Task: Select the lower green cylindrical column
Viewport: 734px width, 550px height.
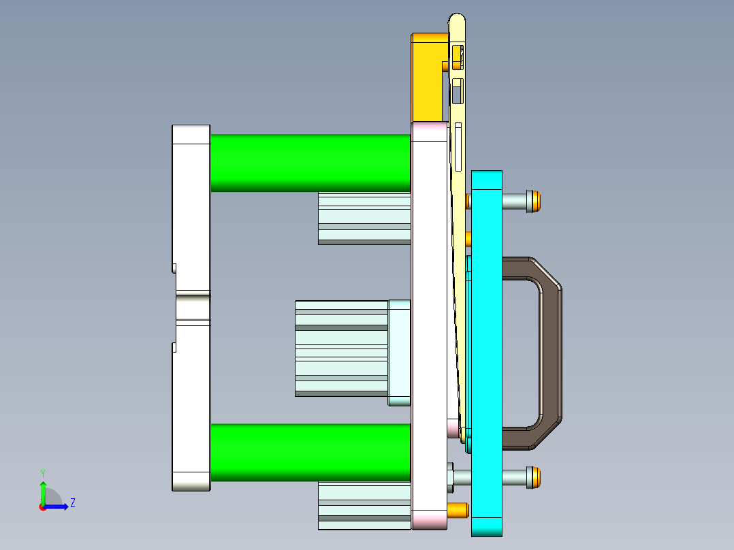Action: point(310,451)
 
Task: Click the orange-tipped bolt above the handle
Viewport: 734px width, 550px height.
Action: point(535,201)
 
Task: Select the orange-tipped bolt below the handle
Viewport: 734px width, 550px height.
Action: point(535,477)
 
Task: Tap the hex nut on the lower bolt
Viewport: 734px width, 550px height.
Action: point(451,477)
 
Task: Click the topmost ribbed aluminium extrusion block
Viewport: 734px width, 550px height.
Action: point(364,218)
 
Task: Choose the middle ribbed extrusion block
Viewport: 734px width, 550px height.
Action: point(340,349)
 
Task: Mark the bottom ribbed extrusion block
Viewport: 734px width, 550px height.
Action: point(364,506)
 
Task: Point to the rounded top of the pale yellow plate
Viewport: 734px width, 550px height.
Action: point(458,20)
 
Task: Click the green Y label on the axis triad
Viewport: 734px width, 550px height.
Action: point(42,472)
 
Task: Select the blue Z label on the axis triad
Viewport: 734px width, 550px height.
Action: point(72,503)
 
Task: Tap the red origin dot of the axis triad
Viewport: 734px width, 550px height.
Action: point(42,507)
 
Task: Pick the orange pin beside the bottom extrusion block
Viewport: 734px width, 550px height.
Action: point(458,509)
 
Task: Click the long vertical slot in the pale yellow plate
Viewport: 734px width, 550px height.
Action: point(459,146)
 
